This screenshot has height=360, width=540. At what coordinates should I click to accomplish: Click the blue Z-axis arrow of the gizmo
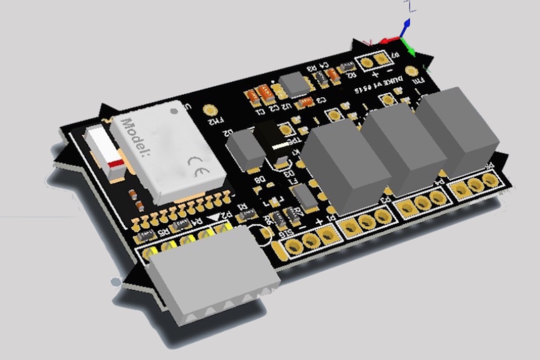(x=407, y=24)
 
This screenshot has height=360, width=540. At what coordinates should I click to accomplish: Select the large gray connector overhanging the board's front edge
(x=213, y=270)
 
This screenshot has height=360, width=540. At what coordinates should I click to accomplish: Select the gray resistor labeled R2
(x=347, y=68)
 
